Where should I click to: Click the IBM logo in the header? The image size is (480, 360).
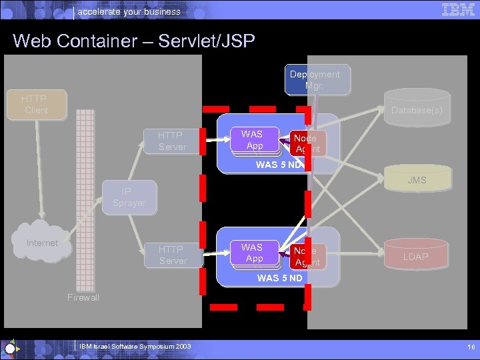(458, 9)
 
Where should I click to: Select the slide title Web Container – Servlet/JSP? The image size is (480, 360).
(133, 41)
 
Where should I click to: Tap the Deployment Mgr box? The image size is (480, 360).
(314, 80)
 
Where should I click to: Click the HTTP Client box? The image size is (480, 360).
(37, 105)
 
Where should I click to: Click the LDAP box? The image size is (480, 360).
(415, 257)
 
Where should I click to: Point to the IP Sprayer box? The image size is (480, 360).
(129, 197)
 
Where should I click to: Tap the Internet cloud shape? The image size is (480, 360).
(43, 243)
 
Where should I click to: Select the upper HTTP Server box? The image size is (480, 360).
(172, 141)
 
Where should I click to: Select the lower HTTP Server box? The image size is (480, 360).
(173, 255)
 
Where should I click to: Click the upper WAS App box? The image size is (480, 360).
(254, 140)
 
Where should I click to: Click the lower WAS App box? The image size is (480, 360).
(254, 253)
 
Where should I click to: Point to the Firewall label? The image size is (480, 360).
(83, 297)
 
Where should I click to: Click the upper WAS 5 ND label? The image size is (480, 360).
(279, 165)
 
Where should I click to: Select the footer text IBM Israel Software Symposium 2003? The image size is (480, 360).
(135, 347)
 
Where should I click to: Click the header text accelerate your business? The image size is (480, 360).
(129, 11)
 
